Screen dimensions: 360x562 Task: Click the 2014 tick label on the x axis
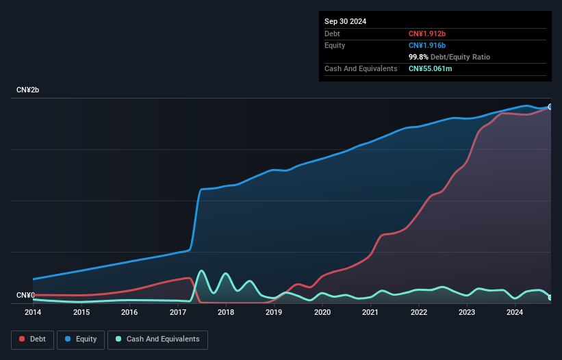[33, 312]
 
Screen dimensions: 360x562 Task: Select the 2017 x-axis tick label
[178, 312]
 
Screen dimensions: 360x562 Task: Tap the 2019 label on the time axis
[274, 312]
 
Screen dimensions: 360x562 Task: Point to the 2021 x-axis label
[370, 312]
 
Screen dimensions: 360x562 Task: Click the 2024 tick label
[515, 312]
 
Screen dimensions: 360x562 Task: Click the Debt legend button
[33, 339]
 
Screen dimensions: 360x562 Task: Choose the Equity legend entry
[80, 339]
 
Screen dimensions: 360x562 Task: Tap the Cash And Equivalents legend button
[157, 339]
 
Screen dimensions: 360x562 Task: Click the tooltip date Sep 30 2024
[345, 21]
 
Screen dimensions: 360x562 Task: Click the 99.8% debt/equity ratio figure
[418, 57]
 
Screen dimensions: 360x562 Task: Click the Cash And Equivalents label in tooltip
[361, 68]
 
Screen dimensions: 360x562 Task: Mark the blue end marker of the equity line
[550, 107]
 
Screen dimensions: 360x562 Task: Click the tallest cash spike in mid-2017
[201, 271]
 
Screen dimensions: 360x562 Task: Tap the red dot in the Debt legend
[23, 339]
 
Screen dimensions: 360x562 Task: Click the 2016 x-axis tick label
[129, 312]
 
